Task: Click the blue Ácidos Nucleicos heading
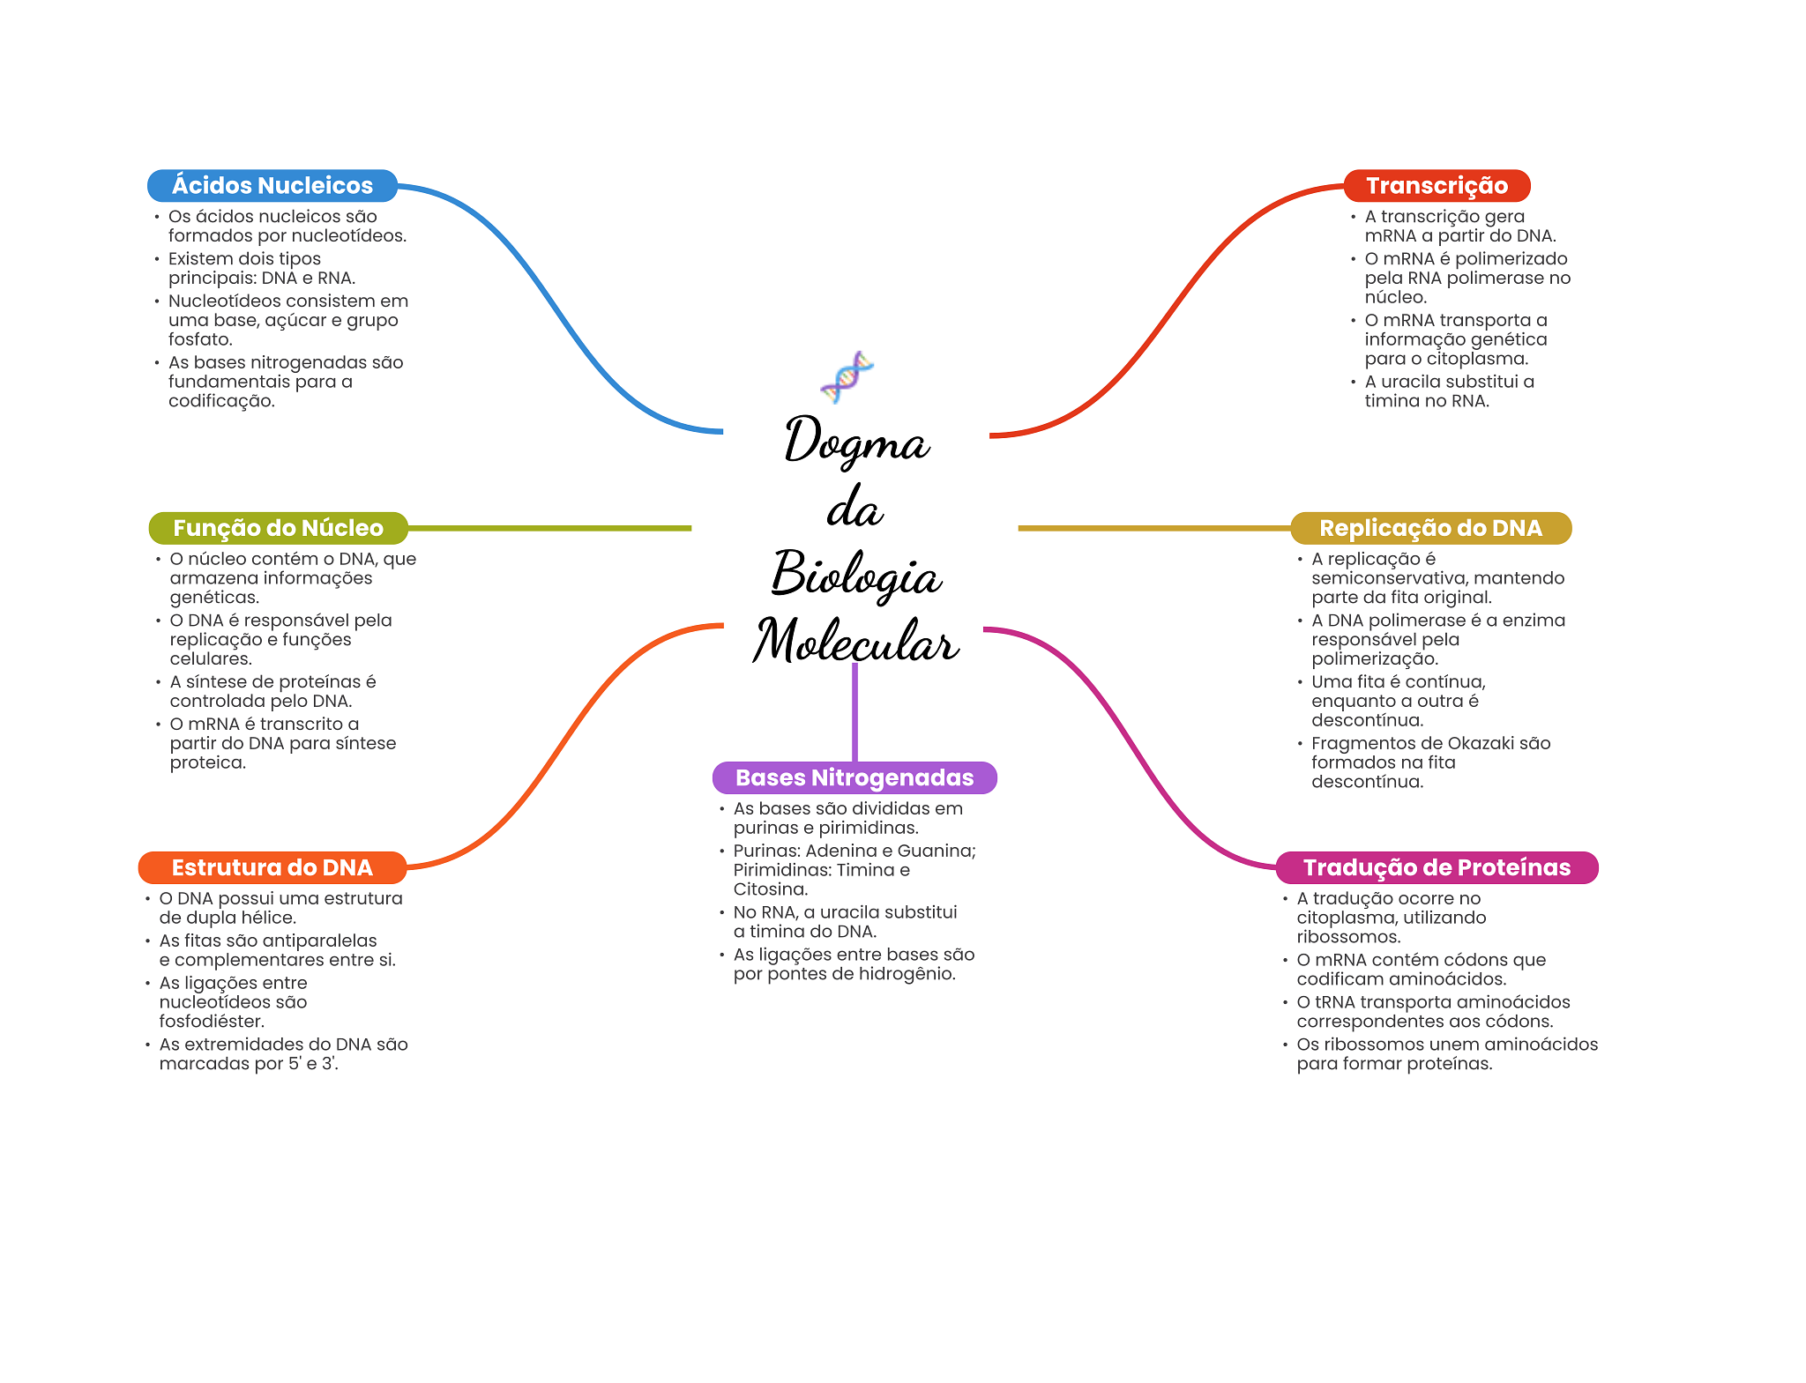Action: pos(272,185)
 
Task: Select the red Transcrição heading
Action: pos(1437,185)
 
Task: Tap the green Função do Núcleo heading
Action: pos(278,528)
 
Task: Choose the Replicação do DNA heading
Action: pos(1430,528)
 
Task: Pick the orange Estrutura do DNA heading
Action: pos(272,867)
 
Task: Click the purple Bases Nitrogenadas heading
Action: pos(854,777)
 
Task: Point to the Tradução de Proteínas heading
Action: pos(1437,867)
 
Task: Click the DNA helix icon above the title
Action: pos(847,376)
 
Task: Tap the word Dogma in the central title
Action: pos(856,441)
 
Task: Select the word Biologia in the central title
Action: pos(856,575)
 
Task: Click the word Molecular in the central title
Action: pos(856,641)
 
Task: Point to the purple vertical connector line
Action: pos(854,714)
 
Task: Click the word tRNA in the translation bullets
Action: pos(1339,1002)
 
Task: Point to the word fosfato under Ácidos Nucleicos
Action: pos(200,339)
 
